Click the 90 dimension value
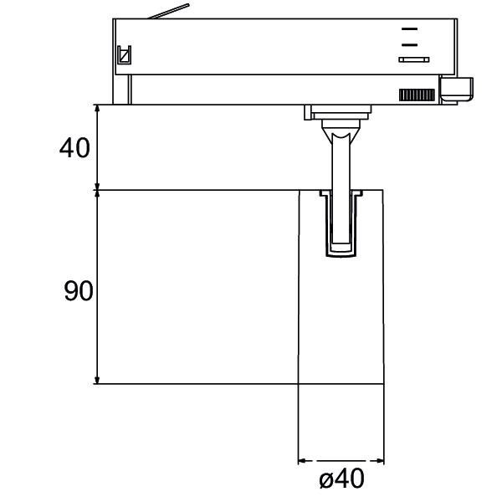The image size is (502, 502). coord(78,291)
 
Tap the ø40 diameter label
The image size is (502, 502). coord(341,480)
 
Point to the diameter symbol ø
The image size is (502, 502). coord(326,481)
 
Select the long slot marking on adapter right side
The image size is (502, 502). coord(413,59)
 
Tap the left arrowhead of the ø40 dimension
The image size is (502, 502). coord(302,460)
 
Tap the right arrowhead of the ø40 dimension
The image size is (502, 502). coord(381,460)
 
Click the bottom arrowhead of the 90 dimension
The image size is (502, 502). coord(99,379)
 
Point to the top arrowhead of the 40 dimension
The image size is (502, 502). coord(99,110)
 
